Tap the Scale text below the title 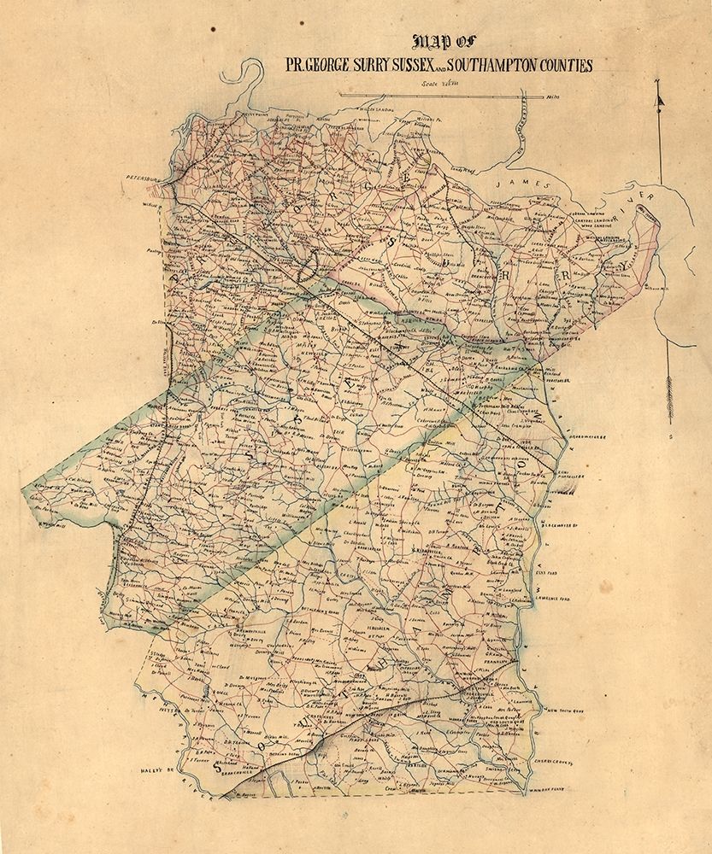tap(440, 84)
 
